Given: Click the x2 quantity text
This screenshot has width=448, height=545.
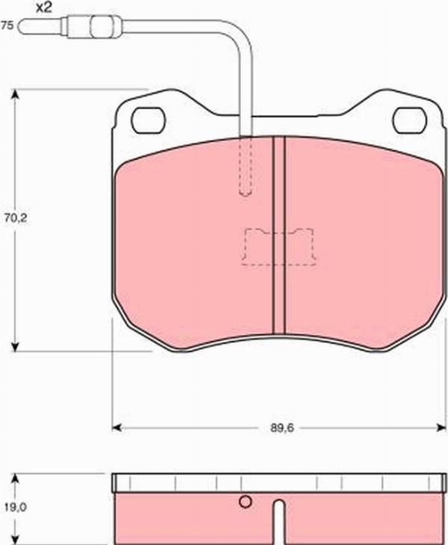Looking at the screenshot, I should click(44, 8).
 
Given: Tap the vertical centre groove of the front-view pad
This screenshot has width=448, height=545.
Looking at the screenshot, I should click(279, 235).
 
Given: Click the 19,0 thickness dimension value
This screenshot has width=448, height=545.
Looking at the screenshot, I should click(10, 506).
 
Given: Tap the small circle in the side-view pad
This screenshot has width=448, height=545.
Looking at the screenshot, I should click(244, 502).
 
